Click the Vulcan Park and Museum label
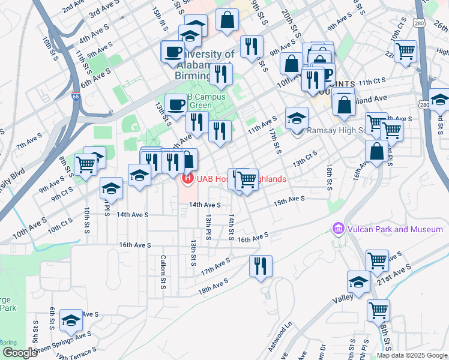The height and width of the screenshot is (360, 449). [x=394, y=229]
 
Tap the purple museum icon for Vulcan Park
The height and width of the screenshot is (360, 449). [x=338, y=229]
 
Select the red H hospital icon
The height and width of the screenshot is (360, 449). [x=187, y=178]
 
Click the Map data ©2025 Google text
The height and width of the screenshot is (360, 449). [x=412, y=355]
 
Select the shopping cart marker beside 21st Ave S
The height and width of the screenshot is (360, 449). [x=377, y=260]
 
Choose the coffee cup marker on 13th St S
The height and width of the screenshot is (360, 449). [x=176, y=104]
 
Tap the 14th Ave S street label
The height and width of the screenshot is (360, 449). [x=205, y=205]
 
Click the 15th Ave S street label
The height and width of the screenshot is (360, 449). [x=289, y=199]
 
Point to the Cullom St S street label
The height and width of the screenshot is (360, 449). [x=163, y=272]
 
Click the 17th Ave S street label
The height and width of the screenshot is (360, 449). [x=215, y=266]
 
